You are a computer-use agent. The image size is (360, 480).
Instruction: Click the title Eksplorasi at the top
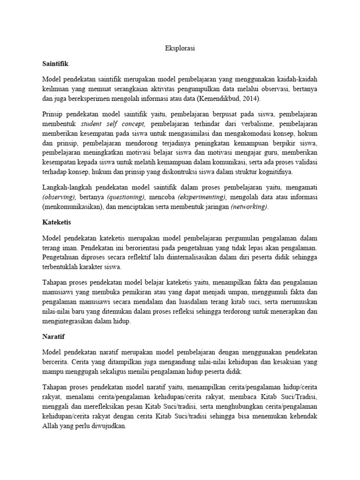point(180,48)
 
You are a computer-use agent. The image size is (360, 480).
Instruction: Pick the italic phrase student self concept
point(113,124)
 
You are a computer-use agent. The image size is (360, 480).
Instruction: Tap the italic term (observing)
point(59,196)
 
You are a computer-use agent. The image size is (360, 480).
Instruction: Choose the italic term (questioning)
point(124,196)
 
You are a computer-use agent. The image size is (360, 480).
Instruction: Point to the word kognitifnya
point(273,172)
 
